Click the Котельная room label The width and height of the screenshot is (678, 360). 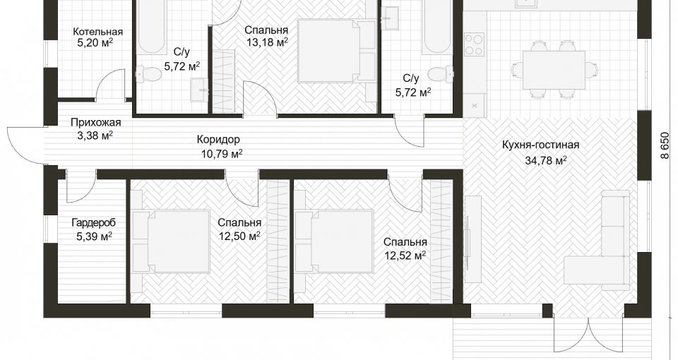pyautogui.click(x=97, y=32)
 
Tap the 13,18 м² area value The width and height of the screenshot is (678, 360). pyautogui.click(x=267, y=42)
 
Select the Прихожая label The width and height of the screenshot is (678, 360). pyautogui.click(x=95, y=123)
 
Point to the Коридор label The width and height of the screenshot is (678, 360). pyautogui.click(x=218, y=140)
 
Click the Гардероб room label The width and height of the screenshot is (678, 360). pyautogui.click(x=94, y=223)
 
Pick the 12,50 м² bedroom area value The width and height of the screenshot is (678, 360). pyautogui.click(x=239, y=236)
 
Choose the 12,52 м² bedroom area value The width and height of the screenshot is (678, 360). pyautogui.click(x=405, y=256)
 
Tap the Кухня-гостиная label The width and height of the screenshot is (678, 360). pyautogui.click(x=540, y=145)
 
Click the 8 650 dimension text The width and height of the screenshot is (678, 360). pyautogui.click(x=665, y=145)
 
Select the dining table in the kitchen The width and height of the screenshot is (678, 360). pyautogui.click(x=554, y=70)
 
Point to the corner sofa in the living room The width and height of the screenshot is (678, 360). pyautogui.click(x=597, y=242)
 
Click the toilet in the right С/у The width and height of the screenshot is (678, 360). pyautogui.click(x=441, y=73)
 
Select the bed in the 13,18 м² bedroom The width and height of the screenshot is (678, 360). pyautogui.click(x=336, y=51)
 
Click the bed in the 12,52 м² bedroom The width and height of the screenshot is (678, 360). pyautogui.click(x=334, y=241)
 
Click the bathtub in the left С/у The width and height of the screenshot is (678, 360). pyautogui.click(x=151, y=27)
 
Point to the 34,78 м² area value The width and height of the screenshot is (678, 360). pyautogui.click(x=546, y=161)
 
